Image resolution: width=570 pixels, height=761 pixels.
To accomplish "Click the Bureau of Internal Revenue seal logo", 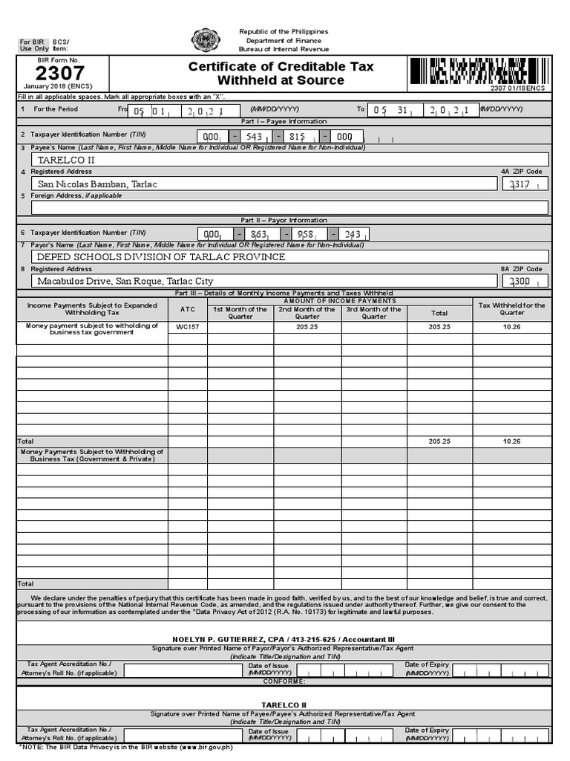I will pyautogui.click(x=205, y=41).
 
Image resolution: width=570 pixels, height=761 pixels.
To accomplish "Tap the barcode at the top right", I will pyautogui.click(x=478, y=72).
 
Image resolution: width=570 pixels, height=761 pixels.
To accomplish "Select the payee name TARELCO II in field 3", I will pyautogui.click(x=66, y=160).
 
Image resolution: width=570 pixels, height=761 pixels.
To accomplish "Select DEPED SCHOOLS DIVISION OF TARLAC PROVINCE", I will pyautogui.click(x=161, y=257).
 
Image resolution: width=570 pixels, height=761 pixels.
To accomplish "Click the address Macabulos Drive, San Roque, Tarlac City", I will pyautogui.click(x=125, y=282).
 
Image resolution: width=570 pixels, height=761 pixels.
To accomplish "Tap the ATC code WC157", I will pyautogui.click(x=187, y=327).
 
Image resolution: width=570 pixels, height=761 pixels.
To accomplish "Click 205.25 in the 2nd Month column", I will pyautogui.click(x=307, y=327).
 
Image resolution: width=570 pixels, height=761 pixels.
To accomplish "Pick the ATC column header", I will pyautogui.click(x=187, y=309).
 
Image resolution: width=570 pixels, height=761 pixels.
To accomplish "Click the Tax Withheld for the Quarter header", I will pyautogui.click(x=512, y=309).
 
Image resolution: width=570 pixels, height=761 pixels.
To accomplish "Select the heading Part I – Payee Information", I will pyautogui.click(x=284, y=121).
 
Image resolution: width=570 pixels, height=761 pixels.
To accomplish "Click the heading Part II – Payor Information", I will pyautogui.click(x=284, y=220).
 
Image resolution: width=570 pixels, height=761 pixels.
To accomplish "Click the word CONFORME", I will pyautogui.click(x=284, y=681).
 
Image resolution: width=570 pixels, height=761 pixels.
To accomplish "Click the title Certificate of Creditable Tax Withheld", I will pyautogui.click(x=281, y=73).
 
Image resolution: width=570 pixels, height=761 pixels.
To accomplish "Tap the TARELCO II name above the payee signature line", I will pyautogui.click(x=284, y=705).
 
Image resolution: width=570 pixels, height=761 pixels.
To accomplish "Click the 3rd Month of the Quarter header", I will pyautogui.click(x=374, y=313).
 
